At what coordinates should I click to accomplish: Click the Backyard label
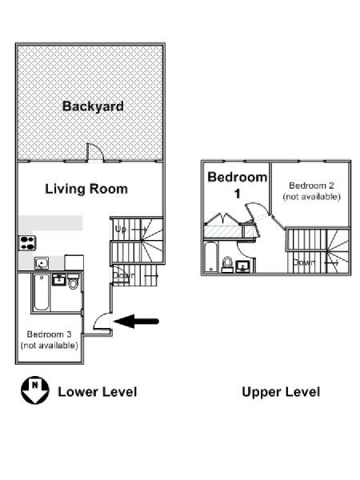click(93, 106)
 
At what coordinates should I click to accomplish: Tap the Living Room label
click(86, 189)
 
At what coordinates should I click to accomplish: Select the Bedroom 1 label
click(238, 185)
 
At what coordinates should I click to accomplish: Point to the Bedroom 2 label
click(312, 190)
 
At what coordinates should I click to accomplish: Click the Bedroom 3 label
click(50, 339)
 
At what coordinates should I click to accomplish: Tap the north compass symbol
click(35, 390)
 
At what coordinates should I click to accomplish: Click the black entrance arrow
click(136, 321)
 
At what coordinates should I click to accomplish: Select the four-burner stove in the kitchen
click(27, 243)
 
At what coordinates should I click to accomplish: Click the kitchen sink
click(42, 263)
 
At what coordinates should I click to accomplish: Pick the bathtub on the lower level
click(42, 292)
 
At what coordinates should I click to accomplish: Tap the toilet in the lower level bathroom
click(73, 282)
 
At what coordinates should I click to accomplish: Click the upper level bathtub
click(211, 257)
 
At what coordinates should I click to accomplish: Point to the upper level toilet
click(227, 265)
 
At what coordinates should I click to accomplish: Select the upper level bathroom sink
click(242, 266)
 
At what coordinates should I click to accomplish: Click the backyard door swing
click(95, 152)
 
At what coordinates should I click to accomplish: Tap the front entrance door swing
click(102, 321)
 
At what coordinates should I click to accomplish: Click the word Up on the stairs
click(121, 230)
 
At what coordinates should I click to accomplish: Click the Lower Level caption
click(98, 392)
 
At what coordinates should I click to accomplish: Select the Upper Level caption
click(281, 392)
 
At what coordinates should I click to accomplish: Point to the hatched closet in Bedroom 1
click(222, 231)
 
